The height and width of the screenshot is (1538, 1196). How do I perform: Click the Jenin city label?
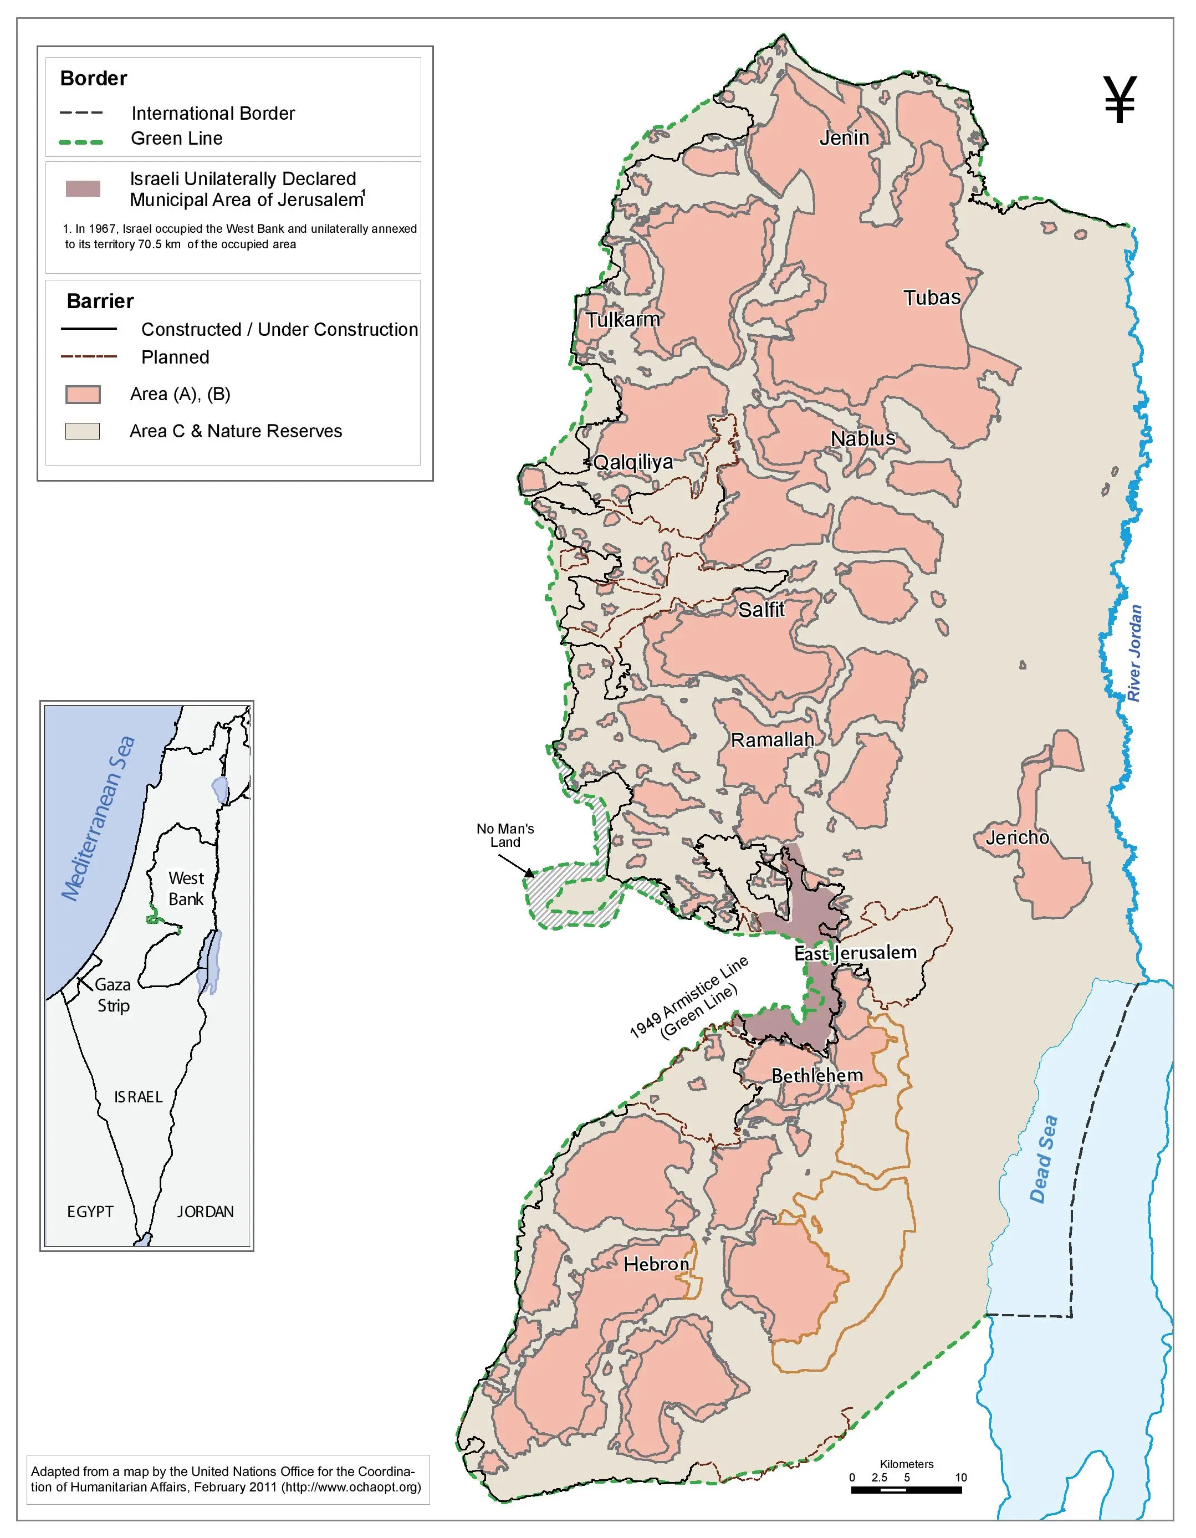click(844, 138)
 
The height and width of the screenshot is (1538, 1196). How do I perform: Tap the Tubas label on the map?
click(931, 298)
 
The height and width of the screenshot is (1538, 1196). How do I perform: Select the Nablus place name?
click(863, 439)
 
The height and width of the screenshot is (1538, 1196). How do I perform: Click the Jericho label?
click(1017, 837)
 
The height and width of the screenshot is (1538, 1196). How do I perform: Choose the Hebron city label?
click(656, 1264)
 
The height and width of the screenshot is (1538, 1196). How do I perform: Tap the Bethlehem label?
click(817, 1076)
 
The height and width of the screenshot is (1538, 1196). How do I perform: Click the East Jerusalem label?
click(855, 953)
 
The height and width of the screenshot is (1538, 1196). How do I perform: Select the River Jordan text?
click(1134, 653)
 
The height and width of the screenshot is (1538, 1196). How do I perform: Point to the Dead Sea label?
click(1043, 1158)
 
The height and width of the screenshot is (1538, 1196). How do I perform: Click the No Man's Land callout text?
click(505, 835)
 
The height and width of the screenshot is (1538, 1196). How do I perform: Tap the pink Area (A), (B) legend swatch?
click(83, 395)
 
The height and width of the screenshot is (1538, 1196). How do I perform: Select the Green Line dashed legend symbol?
click(81, 141)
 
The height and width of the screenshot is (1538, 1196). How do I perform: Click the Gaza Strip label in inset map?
click(113, 994)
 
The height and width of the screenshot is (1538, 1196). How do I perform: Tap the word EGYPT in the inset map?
click(90, 1211)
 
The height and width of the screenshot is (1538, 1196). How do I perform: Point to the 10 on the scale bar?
click(961, 1478)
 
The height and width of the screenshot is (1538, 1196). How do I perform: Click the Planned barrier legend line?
click(89, 357)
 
